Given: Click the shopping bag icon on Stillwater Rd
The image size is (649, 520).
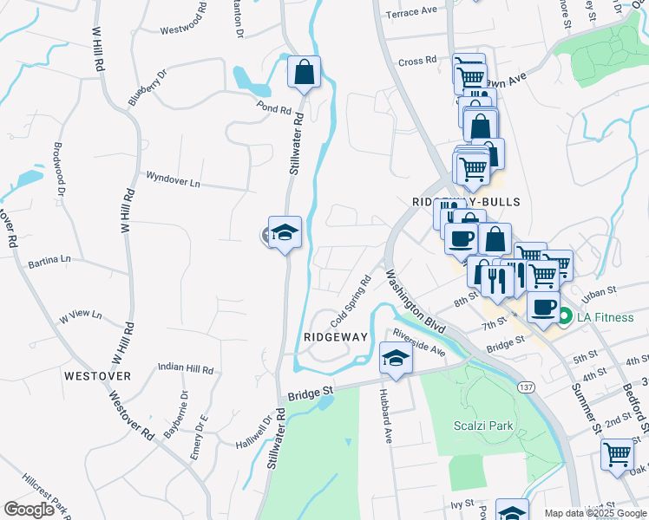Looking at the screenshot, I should pyautogui.click(x=305, y=73).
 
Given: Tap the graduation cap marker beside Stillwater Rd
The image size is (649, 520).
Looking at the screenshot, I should pyautogui.click(x=285, y=233).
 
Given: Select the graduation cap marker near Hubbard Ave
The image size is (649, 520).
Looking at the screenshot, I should pyautogui.click(x=395, y=359).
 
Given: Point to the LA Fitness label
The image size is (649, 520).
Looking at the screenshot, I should pyautogui.click(x=603, y=317).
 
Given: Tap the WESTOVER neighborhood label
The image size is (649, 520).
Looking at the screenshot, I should pyautogui.click(x=97, y=376).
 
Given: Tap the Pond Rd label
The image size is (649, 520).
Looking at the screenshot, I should pyautogui.click(x=273, y=109).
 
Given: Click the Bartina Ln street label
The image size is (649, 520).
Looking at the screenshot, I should pyautogui.click(x=49, y=260).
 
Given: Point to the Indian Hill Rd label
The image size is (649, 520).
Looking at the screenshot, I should pyautogui.click(x=186, y=367).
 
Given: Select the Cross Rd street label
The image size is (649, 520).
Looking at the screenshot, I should pyautogui.click(x=417, y=62).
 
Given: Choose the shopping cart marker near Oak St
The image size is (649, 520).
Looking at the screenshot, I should pyautogui.click(x=618, y=455).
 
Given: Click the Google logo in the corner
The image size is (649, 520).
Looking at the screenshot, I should pyautogui.click(x=29, y=509).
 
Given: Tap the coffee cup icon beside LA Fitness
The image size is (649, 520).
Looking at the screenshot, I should pyautogui.click(x=543, y=308).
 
